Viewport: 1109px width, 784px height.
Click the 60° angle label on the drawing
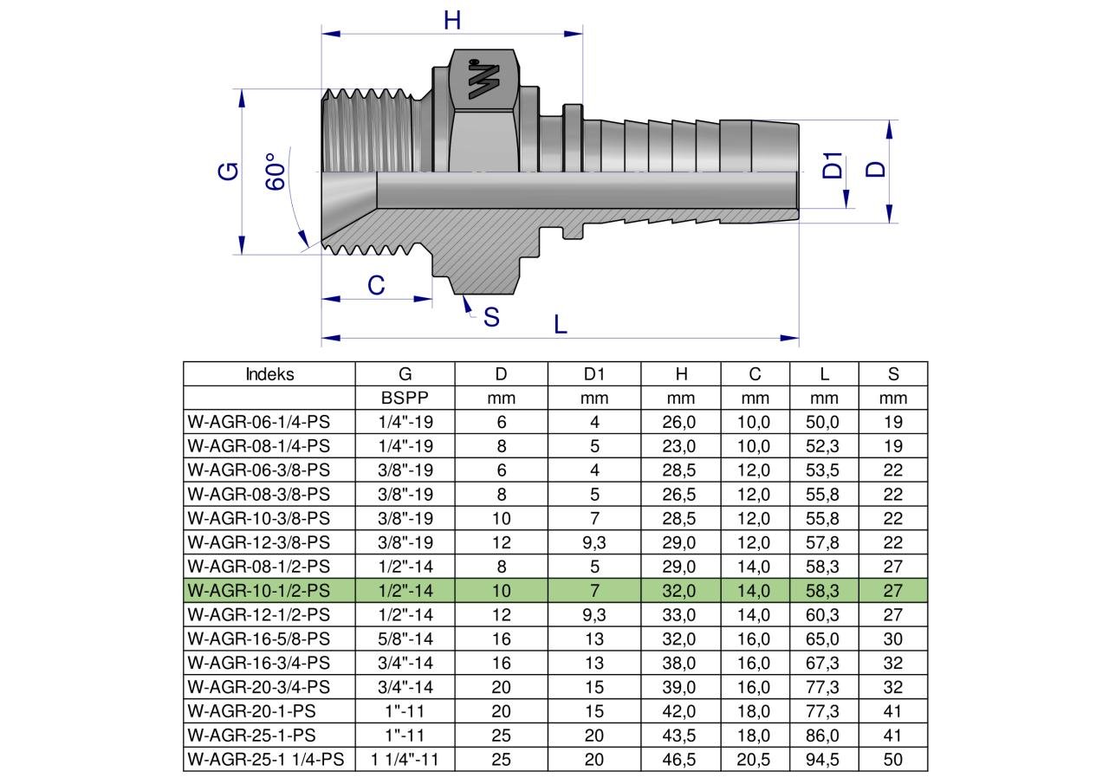[x=276, y=173]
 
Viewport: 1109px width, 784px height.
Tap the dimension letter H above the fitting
[x=451, y=20]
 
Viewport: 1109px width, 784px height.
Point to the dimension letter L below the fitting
[x=561, y=324]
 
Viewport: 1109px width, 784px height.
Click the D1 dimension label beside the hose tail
[x=833, y=165]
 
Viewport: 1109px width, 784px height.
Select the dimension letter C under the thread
[x=376, y=285]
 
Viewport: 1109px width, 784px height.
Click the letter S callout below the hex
[x=491, y=318]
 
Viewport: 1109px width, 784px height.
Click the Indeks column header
[x=269, y=374]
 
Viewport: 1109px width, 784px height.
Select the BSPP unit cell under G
[x=405, y=398]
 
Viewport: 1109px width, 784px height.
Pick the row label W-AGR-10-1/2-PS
[x=258, y=591]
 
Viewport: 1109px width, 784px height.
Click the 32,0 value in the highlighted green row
[x=681, y=591]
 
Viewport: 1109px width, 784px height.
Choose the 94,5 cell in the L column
[x=824, y=760]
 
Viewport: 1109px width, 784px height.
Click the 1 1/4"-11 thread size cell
[x=405, y=760]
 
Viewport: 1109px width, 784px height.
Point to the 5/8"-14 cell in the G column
[x=405, y=639]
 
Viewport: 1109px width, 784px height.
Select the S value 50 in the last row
[x=892, y=760]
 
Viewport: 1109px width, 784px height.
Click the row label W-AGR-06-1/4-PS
[x=258, y=423]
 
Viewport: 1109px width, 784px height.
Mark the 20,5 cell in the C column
[x=755, y=760]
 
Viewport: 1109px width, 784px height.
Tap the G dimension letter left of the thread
[x=228, y=171]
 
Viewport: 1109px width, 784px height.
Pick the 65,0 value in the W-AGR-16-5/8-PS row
[x=824, y=639]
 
